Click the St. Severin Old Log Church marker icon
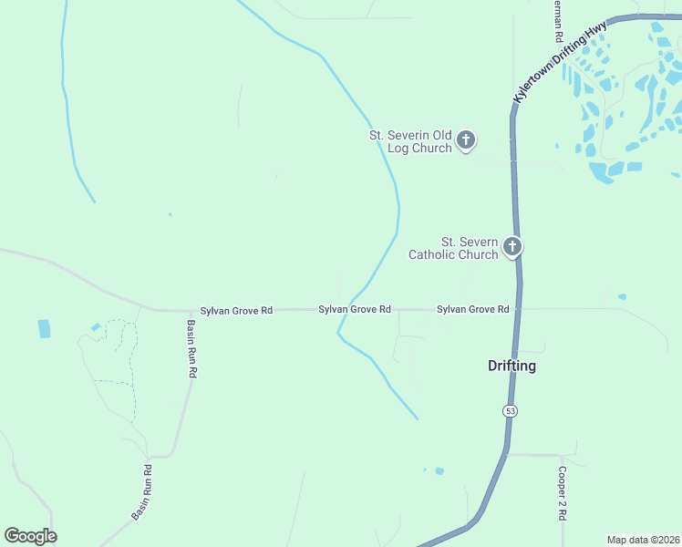point(466,139)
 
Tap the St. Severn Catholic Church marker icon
point(512,246)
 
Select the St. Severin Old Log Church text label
point(410,141)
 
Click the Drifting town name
point(511,366)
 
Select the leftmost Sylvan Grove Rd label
point(236,311)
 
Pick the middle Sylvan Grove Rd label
point(355,310)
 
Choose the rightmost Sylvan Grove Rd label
point(472,310)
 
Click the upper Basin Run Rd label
point(191,349)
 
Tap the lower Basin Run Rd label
point(142,492)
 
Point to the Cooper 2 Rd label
point(563,494)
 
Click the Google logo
point(30,536)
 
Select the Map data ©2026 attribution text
point(643,540)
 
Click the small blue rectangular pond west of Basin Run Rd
point(44,328)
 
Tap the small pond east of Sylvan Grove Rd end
point(622,296)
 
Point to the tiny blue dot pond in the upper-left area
point(170,214)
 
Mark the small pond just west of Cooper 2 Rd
point(439,470)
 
